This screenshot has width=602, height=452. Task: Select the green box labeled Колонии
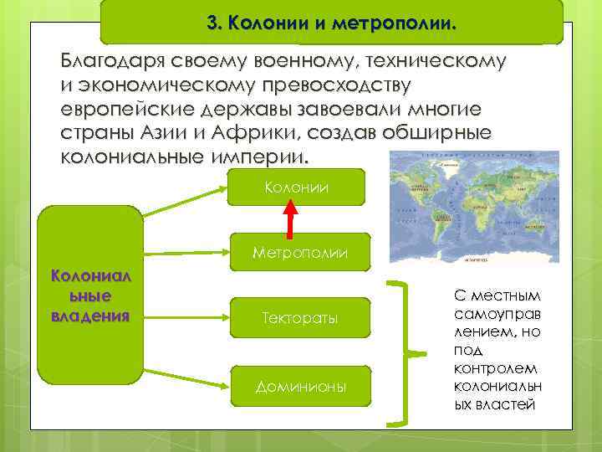(299, 187)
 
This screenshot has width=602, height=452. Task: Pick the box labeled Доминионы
(299, 387)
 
